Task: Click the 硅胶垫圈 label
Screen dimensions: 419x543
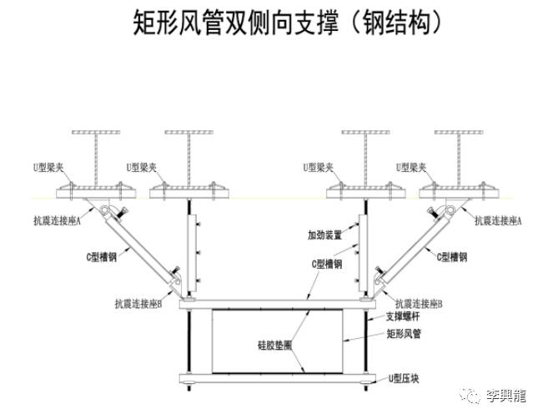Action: (274, 343)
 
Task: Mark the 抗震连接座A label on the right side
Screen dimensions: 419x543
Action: (498, 220)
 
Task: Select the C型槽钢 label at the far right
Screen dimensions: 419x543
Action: (458, 256)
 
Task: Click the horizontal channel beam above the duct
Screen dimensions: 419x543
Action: (275, 302)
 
